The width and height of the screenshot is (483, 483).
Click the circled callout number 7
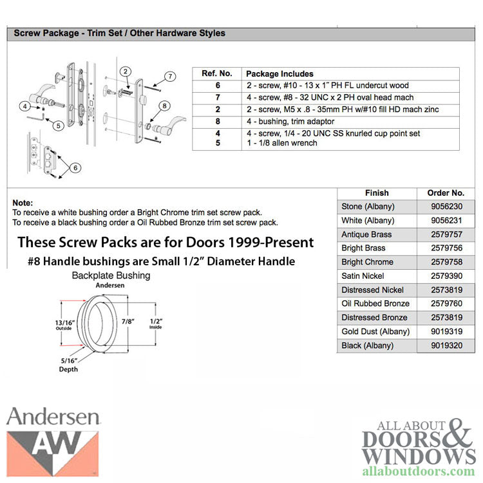tap(170, 77)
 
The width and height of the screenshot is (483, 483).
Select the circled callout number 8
tap(164, 106)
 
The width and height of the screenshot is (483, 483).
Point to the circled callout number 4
tap(24, 106)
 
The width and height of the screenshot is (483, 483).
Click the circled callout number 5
tap(58, 126)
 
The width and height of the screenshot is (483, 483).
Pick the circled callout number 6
tap(76, 168)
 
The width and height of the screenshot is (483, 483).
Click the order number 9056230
tap(445, 207)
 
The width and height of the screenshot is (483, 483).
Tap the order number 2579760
tap(445, 303)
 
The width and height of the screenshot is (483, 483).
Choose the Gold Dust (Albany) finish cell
tap(377, 331)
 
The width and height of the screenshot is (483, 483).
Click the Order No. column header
tap(445, 193)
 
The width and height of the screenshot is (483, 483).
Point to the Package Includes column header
tap(279, 74)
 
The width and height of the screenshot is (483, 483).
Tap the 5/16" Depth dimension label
tap(68, 365)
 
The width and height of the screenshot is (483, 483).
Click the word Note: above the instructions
tap(23, 202)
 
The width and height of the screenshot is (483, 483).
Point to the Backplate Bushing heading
tap(110, 276)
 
